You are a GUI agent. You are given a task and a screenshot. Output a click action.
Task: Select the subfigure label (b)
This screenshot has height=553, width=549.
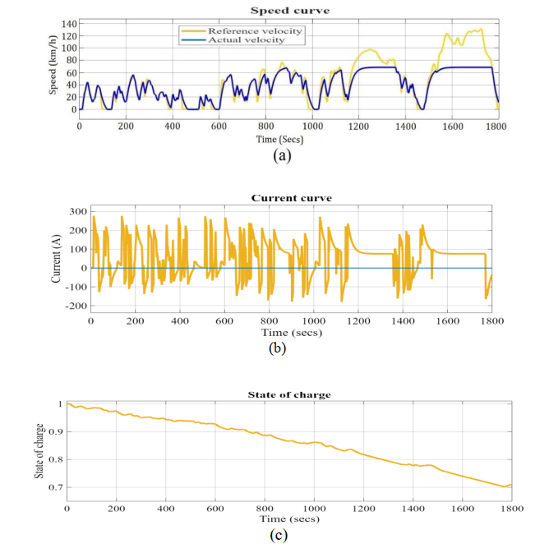(x=277, y=348)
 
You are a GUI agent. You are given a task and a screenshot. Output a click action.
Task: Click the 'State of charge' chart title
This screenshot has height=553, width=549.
(x=288, y=395)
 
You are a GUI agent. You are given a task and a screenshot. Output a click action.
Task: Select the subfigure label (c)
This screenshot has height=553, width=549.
(x=278, y=535)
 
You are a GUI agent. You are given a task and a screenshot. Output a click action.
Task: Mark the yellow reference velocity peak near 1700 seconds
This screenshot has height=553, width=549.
(x=479, y=30)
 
